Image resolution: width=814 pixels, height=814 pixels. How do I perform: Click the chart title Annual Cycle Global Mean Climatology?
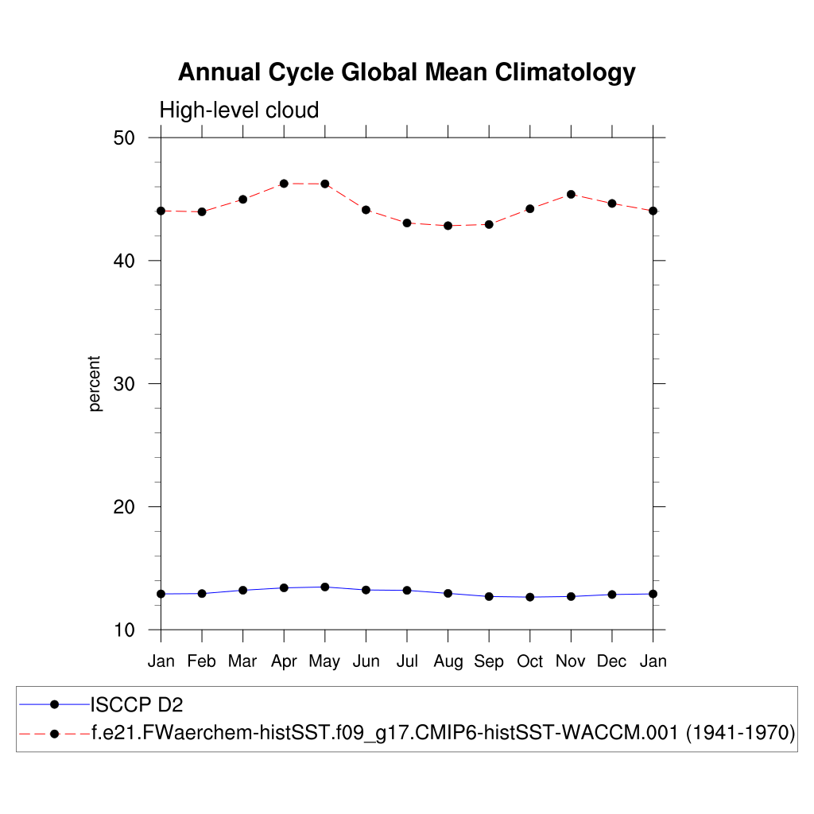tap(406, 72)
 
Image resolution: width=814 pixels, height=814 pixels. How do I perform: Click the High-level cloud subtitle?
tap(238, 110)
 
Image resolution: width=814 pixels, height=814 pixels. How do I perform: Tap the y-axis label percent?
tap(95, 383)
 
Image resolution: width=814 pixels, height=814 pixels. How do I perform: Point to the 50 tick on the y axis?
tap(123, 138)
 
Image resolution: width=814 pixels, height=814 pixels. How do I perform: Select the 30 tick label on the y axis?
tap(123, 384)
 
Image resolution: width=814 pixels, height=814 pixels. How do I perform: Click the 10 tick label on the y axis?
tap(123, 630)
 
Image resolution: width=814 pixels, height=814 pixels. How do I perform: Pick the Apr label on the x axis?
tap(284, 661)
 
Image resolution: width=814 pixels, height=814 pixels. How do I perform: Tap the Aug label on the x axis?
tap(448, 661)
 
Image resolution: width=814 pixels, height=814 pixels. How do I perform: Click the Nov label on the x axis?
tap(571, 661)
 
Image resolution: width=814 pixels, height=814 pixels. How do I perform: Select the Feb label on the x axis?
tap(202, 661)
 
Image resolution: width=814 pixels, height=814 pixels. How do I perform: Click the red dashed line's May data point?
tap(325, 184)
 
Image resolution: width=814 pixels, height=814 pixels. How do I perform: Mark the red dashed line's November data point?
tap(571, 194)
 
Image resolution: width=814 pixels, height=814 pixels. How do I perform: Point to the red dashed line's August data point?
tap(448, 226)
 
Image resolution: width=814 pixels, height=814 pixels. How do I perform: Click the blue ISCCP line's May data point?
tap(325, 587)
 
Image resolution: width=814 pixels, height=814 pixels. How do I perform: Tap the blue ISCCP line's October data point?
tap(529, 597)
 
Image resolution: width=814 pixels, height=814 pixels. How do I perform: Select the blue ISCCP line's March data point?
tap(243, 590)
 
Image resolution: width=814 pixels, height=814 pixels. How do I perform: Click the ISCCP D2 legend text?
tap(138, 704)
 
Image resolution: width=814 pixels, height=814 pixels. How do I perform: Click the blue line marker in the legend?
tap(54, 704)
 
